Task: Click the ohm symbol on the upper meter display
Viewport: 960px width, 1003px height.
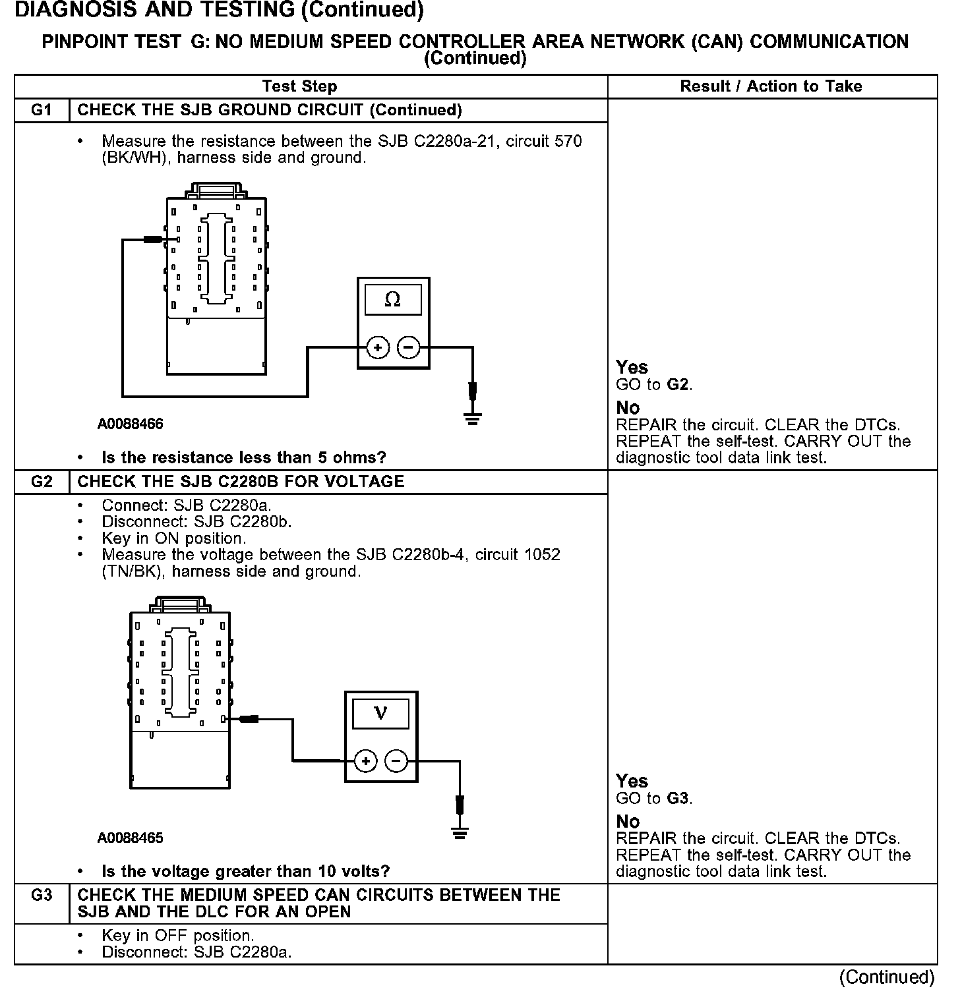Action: (x=392, y=300)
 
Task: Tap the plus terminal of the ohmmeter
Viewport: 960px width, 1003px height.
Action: (x=378, y=347)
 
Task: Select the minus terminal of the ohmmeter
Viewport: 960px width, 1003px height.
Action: (x=409, y=347)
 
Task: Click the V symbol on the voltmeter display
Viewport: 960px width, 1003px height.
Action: (x=380, y=713)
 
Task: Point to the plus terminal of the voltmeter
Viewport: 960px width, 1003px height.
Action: (x=365, y=761)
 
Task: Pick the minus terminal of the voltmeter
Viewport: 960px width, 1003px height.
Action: (x=396, y=761)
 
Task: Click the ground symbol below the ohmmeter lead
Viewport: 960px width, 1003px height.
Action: (x=472, y=417)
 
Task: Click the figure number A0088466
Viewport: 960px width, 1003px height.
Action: (x=131, y=424)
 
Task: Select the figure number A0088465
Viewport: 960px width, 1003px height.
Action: (x=131, y=838)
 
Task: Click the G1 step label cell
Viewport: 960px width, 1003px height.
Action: (x=42, y=110)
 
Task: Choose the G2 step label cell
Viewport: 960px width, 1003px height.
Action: (x=42, y=482)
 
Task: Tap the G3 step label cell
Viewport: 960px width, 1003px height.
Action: (x=42, y=896)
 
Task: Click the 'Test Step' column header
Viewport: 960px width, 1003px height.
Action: (x=299, y=86)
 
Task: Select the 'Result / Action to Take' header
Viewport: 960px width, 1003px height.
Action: (x=771, y=86)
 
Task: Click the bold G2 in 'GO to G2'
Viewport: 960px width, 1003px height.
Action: (x=679, y=384)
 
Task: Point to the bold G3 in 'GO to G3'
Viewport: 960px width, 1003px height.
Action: (x=679, y=799)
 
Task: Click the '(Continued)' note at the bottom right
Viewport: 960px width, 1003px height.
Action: (x=887, y=977)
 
